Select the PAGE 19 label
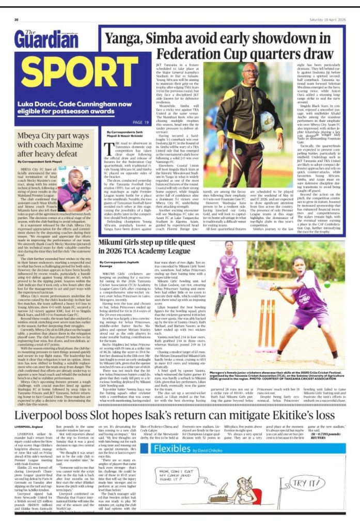click(x=140, y=122)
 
